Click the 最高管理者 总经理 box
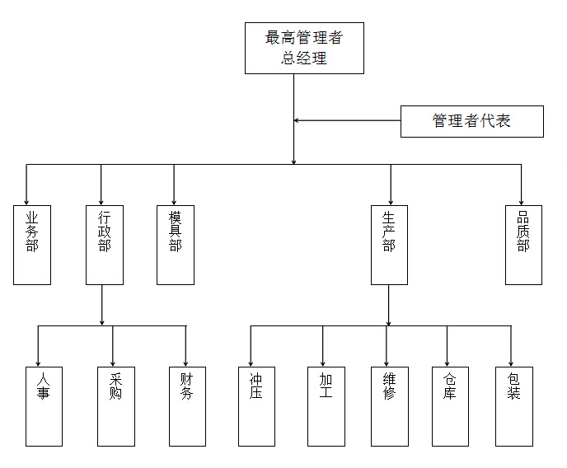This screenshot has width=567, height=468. pyautogui.click(x=304, y=48)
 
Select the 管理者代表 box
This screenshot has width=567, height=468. pyautogui.click(x=471, y=121)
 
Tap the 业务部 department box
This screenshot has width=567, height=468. pyautogui.click(x=32, y=245)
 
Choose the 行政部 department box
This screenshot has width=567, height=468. pyautogui.click(x=105, y=245)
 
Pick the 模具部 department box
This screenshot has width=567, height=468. pyautogui.click(x=176, y=245)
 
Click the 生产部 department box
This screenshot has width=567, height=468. pyautogui.click(x=389, y=245)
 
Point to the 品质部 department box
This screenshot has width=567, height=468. pyautogui.click(x=523, y=245)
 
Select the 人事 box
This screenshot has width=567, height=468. pyautogui.click(x=44, y=405)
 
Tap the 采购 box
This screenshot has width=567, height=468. pyautogui.click(x=115, y=405)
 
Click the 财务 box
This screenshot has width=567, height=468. pyautogui.click(x=187, y=405)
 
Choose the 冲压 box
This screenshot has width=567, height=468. pyautogui.click(x=255, y=405)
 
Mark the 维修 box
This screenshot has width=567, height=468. pyautogui.click(x=389, y=405)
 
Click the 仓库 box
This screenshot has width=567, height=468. pyautogui.click(x=450, y=405)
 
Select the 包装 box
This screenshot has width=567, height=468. pyautogui.click(x=513, y=405)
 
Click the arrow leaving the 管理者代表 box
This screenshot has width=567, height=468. pyautogui.click(x=346, y=121)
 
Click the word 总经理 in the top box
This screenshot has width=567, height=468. pyautogui.click(x=304, y=58)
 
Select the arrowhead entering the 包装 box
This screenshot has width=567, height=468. pyautogui.click(x=511, y=363)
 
